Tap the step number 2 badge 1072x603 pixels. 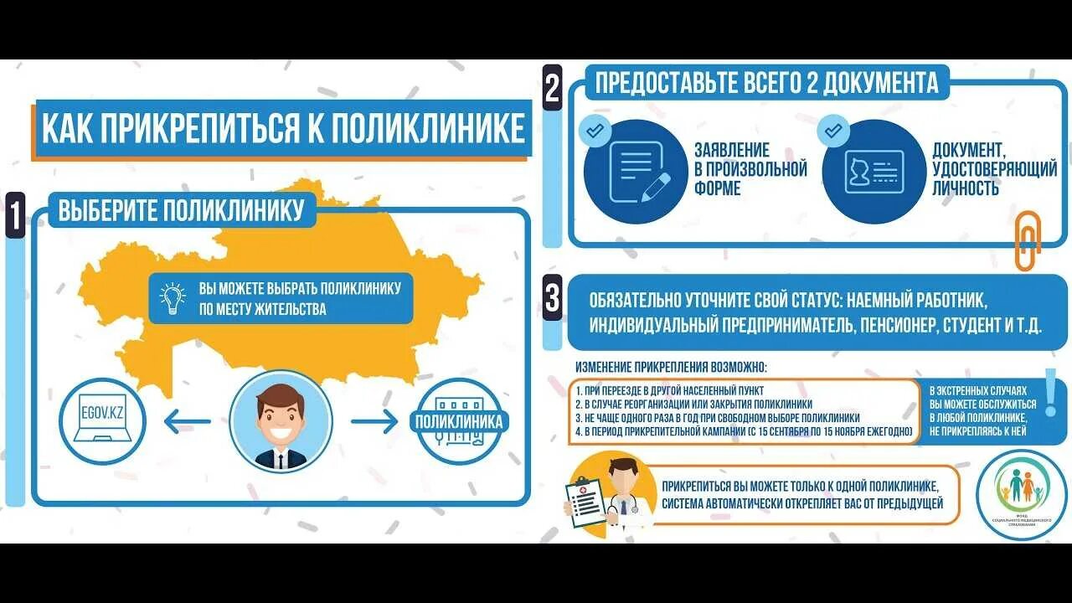[x=552, y=89]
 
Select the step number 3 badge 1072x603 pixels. [x=552, y=299]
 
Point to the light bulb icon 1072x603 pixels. [x=173, y=298]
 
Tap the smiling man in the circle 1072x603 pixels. [x=281, y=421]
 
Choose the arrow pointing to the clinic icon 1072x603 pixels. [x=374, y=421]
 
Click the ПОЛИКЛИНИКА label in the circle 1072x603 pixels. [x=459, y=421]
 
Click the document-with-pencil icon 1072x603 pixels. [x=636, y=173]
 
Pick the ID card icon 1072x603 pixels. [x=874, y=173]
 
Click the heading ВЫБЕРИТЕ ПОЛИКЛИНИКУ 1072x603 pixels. [x=181, y=210]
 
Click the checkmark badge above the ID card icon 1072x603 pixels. [x=832, y=131]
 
